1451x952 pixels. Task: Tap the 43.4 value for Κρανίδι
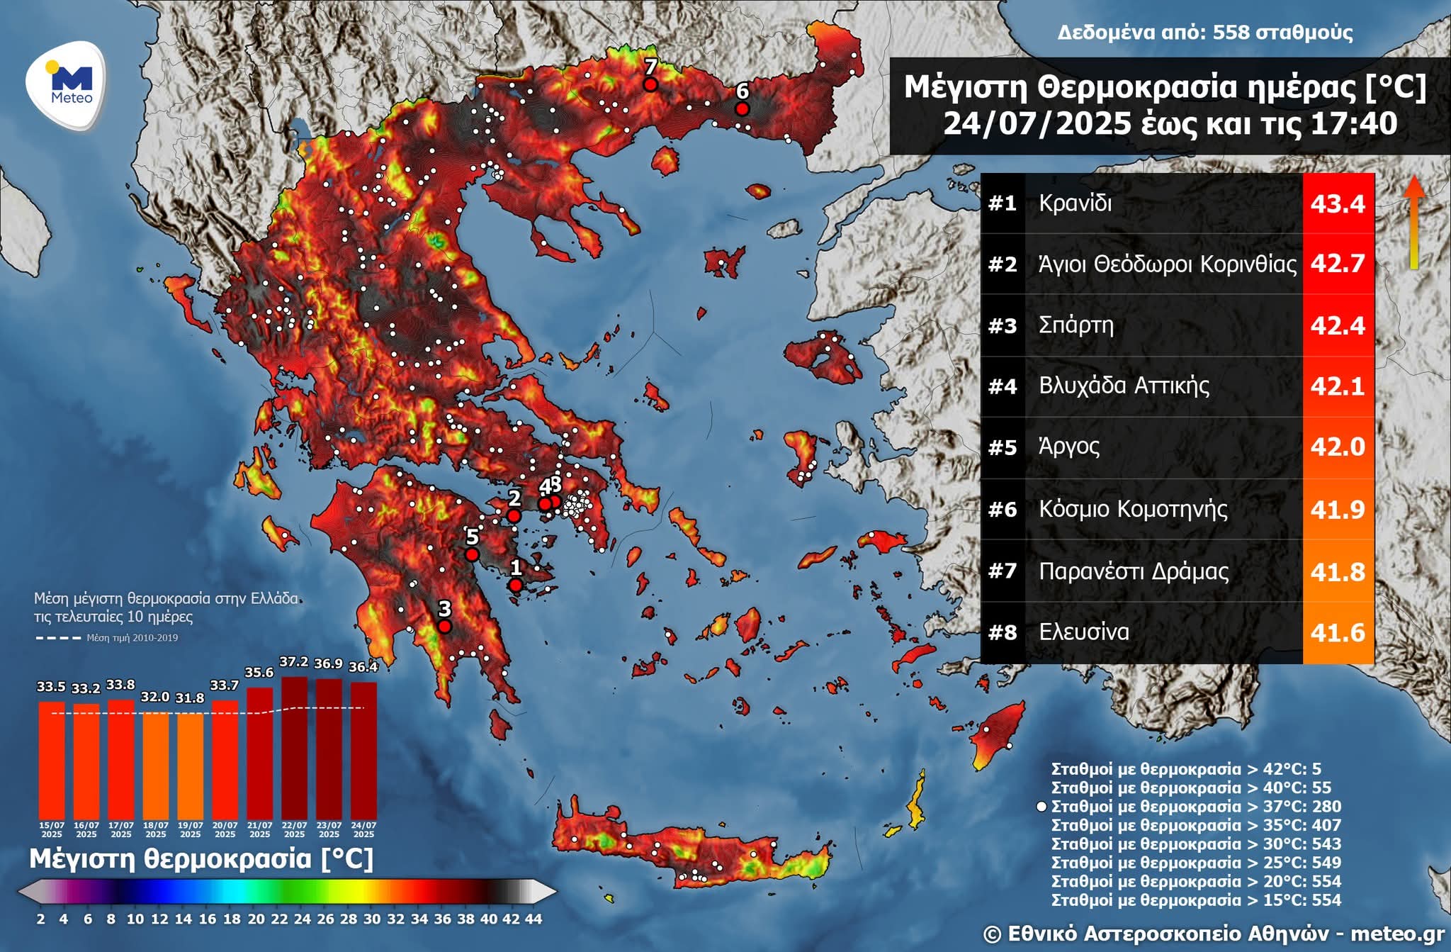click(1338, 204)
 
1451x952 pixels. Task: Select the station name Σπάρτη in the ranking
click(1075, 325)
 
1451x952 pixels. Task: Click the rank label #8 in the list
click(1003, 632)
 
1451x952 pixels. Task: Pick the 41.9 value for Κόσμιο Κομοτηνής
click(1338, 510)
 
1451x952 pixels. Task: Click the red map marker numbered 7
click(650, 84)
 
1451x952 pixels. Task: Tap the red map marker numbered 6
click(742, 108)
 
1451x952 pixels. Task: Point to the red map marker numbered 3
click(444, 627)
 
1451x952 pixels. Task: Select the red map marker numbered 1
click(516, 585)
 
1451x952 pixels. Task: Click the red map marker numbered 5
click(472, 554)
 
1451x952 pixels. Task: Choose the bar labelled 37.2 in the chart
click(294, 748)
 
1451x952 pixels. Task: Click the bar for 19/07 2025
click(190, 766)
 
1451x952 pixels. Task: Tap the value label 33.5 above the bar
click(51, 687)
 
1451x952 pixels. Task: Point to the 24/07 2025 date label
click(363, 829)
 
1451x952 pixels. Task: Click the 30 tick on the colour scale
click(372, 919)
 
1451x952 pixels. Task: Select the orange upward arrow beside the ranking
click(1414, 220)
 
